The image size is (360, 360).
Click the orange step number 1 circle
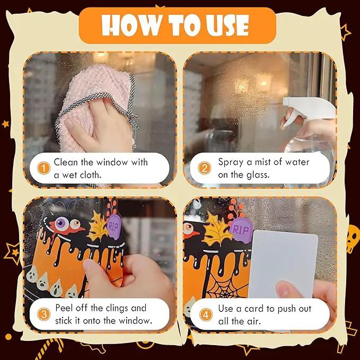pos(43,168)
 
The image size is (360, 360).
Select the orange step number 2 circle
pos(204,168)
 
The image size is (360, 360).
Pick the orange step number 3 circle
pos(43,314)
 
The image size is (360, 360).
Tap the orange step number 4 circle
pos(206,314)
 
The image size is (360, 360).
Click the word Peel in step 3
pos(64,308)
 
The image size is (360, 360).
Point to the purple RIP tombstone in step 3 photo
pos(114,227)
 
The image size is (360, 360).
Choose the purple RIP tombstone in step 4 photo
pos(241,230)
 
